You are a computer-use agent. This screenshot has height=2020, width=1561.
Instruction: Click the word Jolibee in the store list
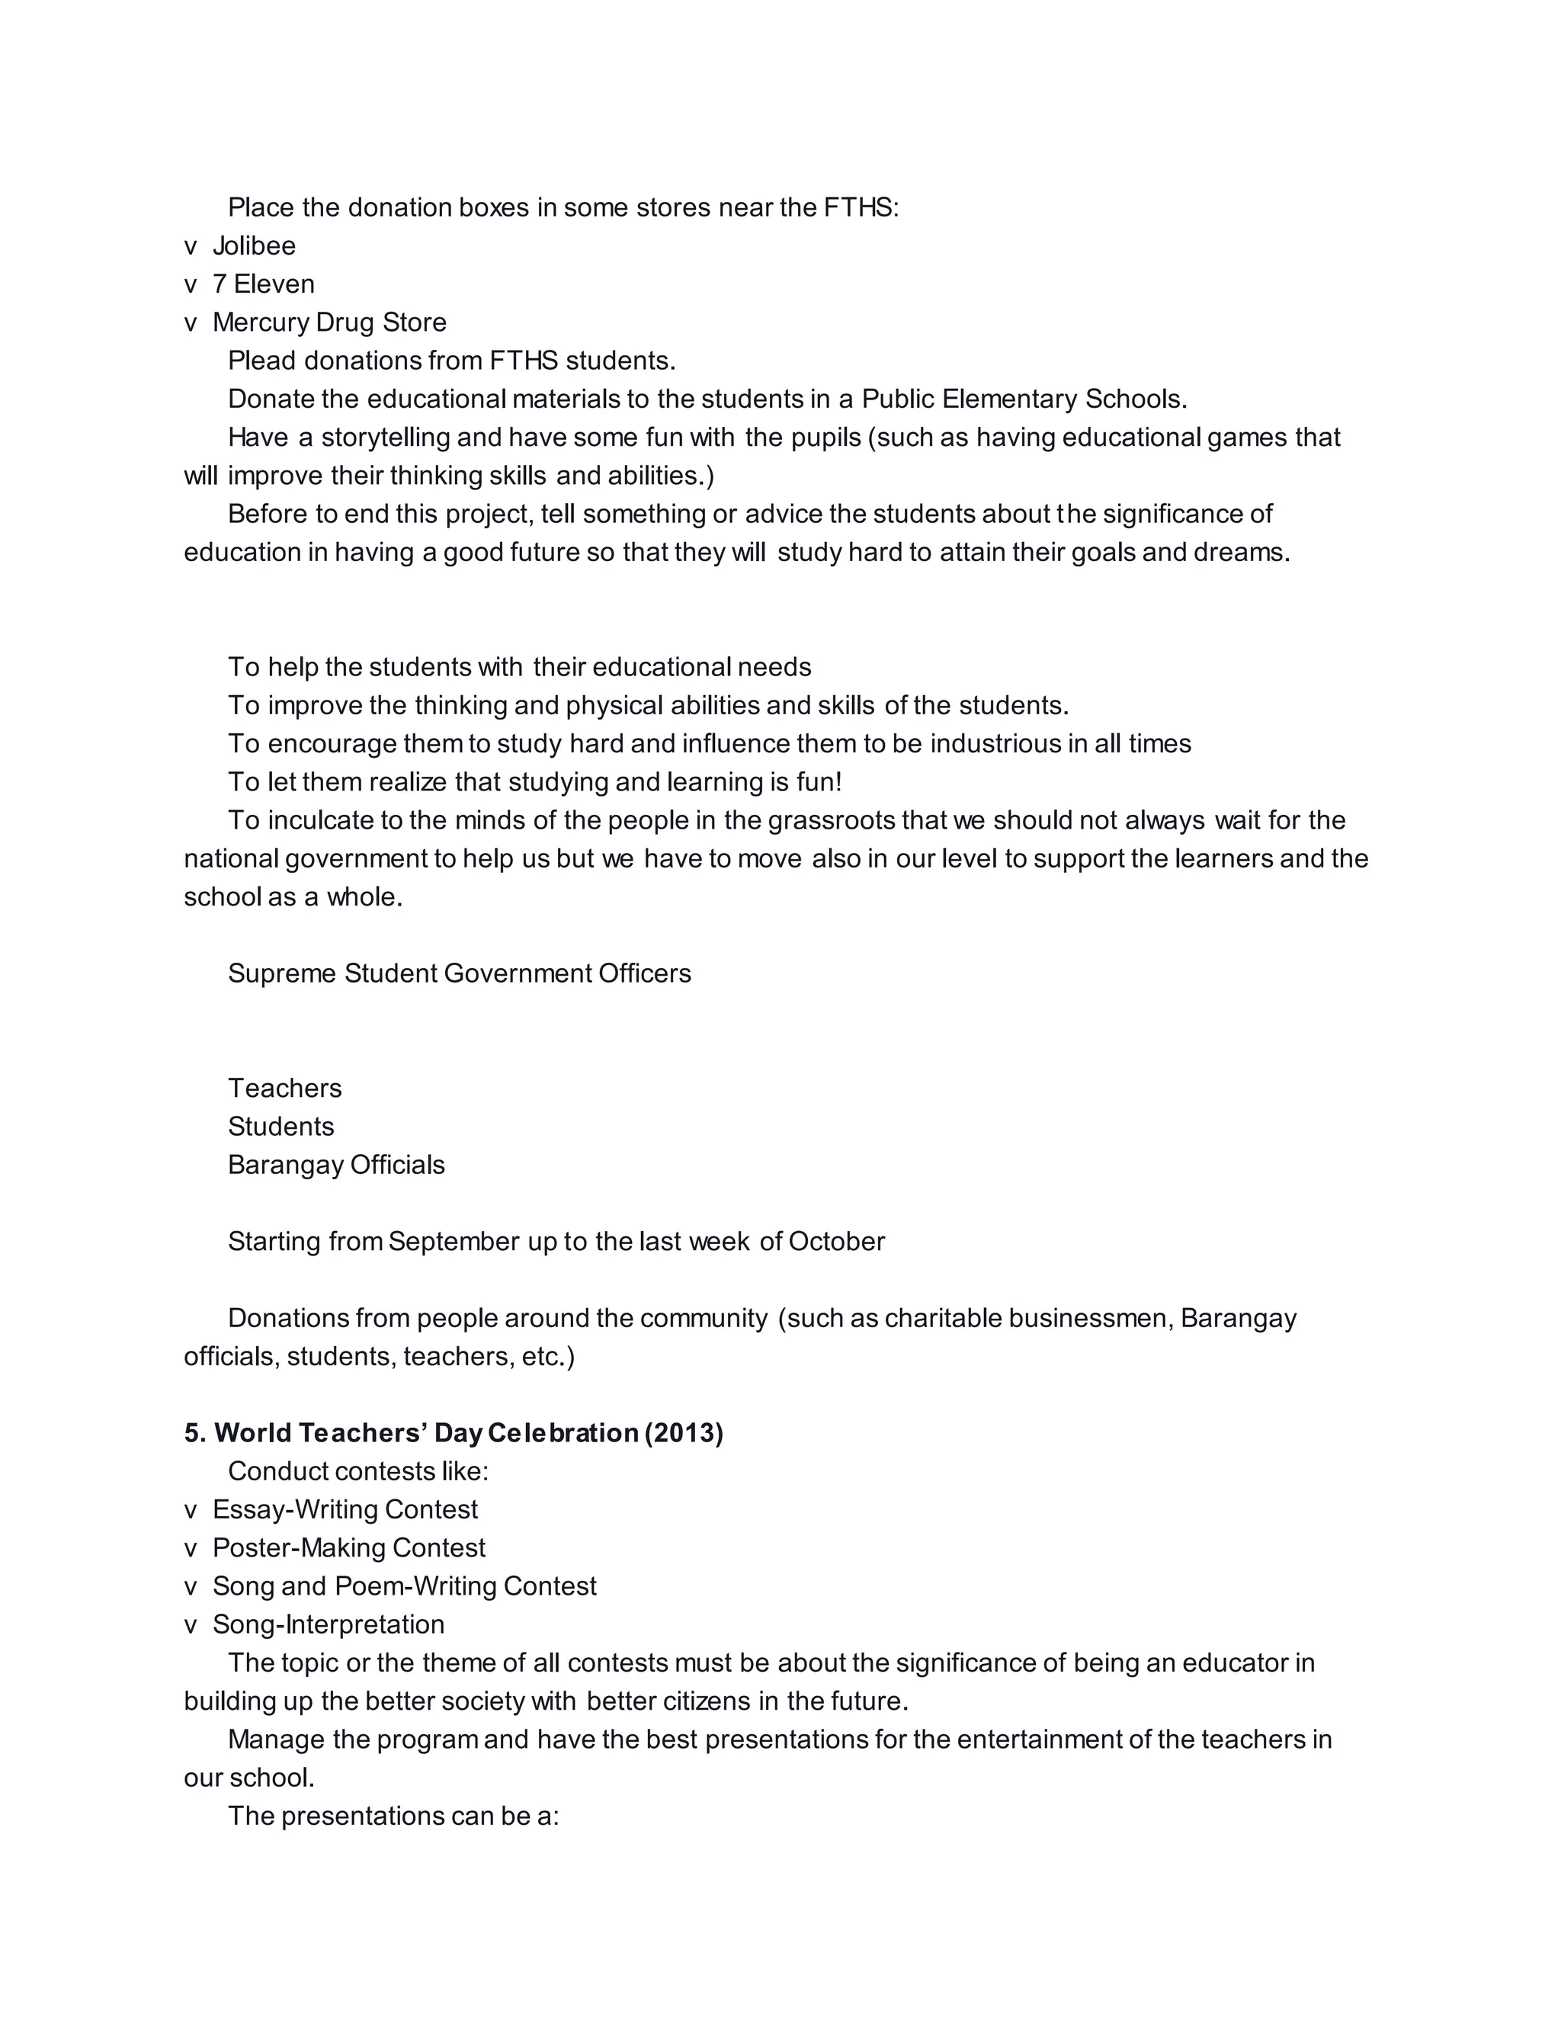point(255,246)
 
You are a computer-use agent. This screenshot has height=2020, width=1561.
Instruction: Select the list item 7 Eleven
point(264,284)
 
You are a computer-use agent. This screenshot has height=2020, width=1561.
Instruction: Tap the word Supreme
point(282,974)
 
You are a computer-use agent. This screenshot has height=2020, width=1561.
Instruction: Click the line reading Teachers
point(285,1089)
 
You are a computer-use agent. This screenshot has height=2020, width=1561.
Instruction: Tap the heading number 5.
point(194,1434)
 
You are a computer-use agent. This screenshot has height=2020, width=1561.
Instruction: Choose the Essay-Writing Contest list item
point(345,1510)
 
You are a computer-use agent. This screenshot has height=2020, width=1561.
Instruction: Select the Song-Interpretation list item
point(329,1625)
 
